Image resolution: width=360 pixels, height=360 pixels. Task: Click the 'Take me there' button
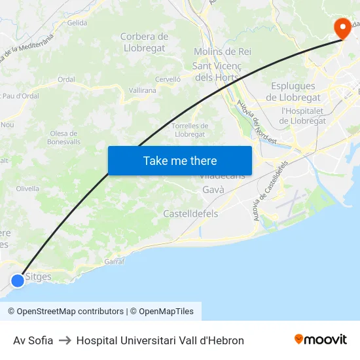tap(180, 160)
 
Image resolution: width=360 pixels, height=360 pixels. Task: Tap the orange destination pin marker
tap(342, 28)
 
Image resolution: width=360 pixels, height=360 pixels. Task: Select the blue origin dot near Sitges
tap(18, 280)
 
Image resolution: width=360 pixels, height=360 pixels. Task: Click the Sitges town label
tap(39, 277)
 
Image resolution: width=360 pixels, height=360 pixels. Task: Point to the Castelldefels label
tap(190, 213)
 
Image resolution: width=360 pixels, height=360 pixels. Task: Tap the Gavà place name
tap(213, 189)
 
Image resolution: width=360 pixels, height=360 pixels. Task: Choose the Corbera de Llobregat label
tap(144, 43)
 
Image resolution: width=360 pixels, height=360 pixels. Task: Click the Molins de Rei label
tap(223, 51)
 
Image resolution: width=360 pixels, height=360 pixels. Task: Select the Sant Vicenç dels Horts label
tap(216, 71)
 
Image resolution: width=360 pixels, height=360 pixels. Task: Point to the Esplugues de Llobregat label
tap(293, 92)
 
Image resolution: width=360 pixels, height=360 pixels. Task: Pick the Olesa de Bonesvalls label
tap(65, 137)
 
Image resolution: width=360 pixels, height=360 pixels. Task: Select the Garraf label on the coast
tap(115, 261)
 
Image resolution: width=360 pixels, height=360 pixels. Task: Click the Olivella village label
tap(27, 188)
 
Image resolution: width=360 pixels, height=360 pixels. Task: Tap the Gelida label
tap(77, 23)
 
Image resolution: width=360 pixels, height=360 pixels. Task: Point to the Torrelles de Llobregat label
tap(190, 130)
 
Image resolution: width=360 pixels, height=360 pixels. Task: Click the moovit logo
tap(320, 340)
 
